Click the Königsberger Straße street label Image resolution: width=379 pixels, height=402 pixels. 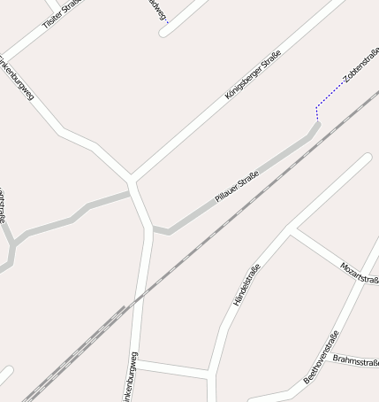click(x=253, y=75)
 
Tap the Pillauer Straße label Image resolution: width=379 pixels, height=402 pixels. click(x=236, y=186)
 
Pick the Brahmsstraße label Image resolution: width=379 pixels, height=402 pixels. click(x=355, y=363)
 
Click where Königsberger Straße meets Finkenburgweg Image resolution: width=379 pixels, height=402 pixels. click(x=131, y=182)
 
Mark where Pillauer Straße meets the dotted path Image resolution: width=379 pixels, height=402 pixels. click(x=317, y=124)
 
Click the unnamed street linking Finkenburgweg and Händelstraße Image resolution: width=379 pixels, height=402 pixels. click(x=172, y=368)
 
